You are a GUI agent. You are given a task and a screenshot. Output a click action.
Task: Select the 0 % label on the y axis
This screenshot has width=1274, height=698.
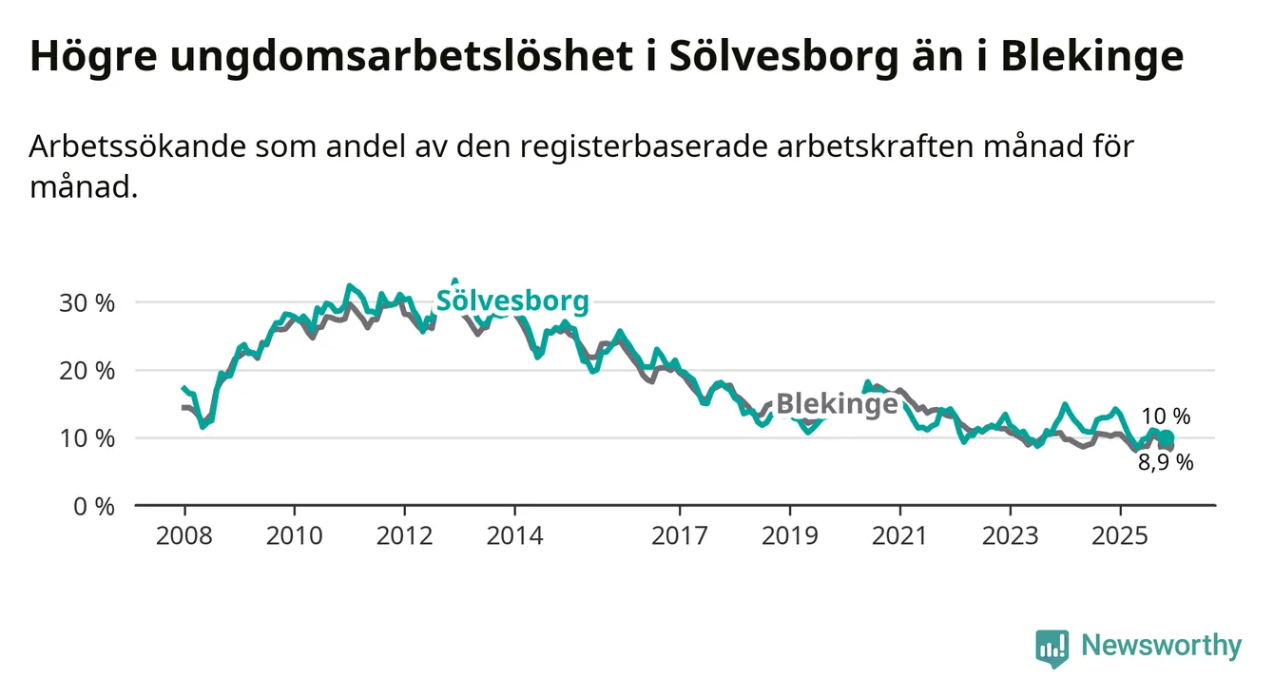94,506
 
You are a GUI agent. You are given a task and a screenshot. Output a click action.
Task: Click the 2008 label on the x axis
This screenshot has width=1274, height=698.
184,535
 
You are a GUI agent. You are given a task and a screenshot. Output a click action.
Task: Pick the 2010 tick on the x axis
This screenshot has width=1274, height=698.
295,535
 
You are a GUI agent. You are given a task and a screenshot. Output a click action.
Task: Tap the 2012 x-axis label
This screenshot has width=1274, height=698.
405,535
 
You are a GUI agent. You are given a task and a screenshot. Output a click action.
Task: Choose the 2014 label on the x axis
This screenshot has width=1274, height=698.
515,535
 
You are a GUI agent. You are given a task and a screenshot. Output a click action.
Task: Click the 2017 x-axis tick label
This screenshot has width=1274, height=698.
680,535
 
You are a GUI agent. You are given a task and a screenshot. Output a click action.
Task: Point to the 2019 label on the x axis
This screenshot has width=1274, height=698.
790,535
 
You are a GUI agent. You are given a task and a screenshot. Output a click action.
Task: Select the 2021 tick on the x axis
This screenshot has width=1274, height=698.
900,535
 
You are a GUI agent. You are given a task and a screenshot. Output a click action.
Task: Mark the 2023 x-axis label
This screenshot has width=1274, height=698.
1011,535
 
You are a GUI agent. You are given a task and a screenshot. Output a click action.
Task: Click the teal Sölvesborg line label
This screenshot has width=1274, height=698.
512,301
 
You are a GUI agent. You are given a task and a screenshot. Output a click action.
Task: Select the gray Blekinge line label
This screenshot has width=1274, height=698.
837,403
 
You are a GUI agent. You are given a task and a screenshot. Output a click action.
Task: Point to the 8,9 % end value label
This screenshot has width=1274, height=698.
1166,463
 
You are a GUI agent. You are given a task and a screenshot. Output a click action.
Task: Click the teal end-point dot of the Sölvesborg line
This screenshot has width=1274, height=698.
1167,437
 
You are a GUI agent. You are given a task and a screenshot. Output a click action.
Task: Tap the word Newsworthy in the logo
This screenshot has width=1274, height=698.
1162,646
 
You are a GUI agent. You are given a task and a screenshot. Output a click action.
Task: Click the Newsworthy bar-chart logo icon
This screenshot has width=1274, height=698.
1052,648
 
